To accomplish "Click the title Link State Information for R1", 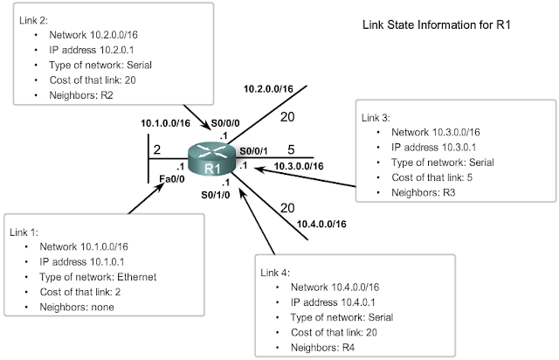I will coord(436,25).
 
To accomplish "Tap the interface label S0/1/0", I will coord(215,195).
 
